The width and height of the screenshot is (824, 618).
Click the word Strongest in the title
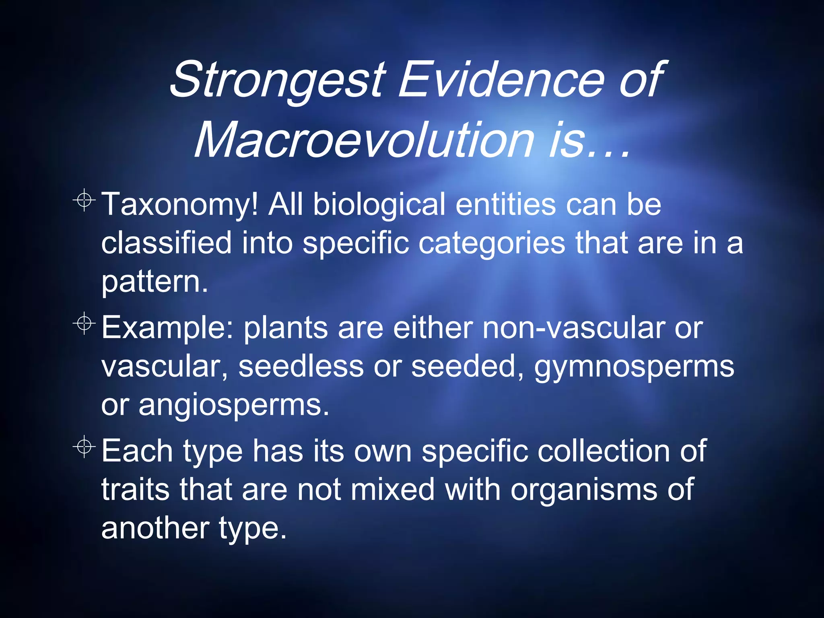click(x=278, y=79)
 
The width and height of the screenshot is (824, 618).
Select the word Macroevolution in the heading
click(x=364, y=141)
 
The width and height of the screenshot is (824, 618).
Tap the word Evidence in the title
click(x=501, y=79)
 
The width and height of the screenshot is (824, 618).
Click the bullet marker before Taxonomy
click(x=84, y=200)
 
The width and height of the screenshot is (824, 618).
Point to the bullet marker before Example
click(x=84, y=323)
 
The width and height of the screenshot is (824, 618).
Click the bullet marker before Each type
click(x=84, y=447)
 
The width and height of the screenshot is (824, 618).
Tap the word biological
click(x=379, y=204)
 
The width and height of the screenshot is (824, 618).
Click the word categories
click(x=492, y=243)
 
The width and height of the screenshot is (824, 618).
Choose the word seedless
click(x=301, y=366)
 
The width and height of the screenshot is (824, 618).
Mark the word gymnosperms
click(x=634, y=367)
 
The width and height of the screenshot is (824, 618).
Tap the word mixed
click(x=392, y=489)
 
